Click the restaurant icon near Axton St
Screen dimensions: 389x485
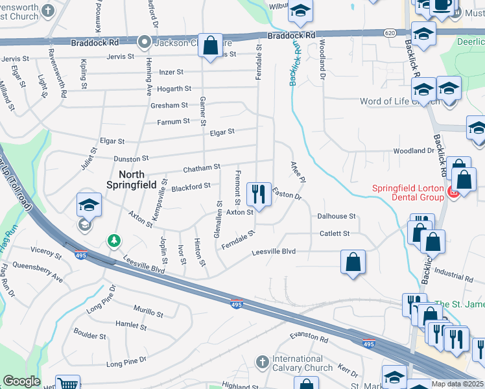pos(259,193)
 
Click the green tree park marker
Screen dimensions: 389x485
pos(114,241)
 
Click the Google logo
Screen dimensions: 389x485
pos(21,381)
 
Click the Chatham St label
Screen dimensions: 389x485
pos(202,168)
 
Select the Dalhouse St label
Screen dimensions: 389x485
pos(337,216)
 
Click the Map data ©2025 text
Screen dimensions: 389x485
pos(457,384)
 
